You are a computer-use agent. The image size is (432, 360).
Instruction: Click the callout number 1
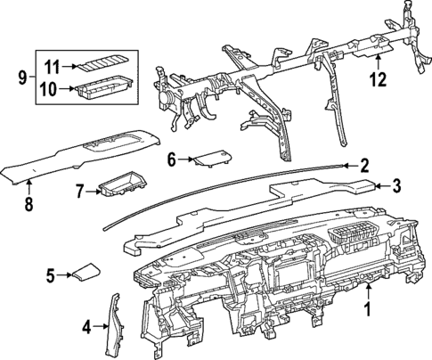pyautogui.click(x=366, y=311)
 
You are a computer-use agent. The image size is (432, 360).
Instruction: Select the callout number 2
pyautogui.click(x=363, y=164)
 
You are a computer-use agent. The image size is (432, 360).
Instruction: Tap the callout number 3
pyautogui.click(x=397, y=185)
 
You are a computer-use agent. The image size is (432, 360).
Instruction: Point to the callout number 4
pyautogui.click(x=86, y=327)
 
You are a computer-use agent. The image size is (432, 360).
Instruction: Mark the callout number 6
pyautogui.click(x=172, y=160)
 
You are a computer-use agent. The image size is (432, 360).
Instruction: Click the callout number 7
pyautogui.click(x=78, y=191)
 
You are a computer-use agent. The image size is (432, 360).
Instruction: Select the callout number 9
pyautogui.click(x=21, y=78)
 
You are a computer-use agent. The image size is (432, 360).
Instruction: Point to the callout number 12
pyautogui.click(x=378, y=78)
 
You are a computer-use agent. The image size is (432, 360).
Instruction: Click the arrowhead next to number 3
pyautogui.click(x=379, y=185)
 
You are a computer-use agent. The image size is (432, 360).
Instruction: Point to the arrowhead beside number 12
pyautogui.click(x=378, y=60)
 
